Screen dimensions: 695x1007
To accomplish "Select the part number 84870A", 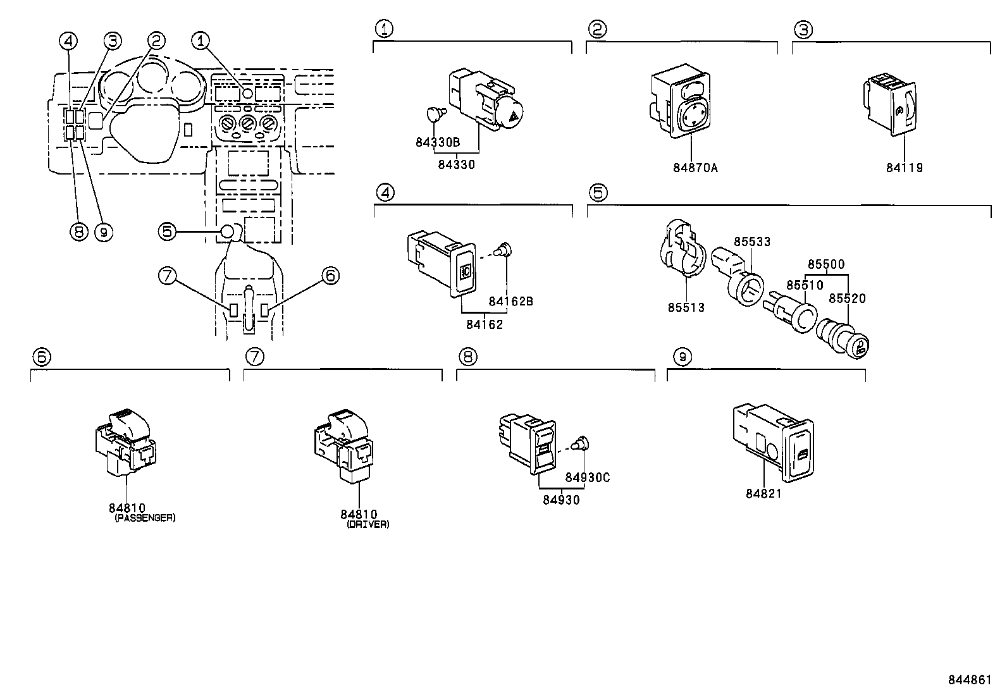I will point(695,168).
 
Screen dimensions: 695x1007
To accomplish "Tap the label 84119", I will point(904,168).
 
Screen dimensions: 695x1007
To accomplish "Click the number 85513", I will point(686,308).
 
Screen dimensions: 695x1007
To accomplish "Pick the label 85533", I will point(752,242).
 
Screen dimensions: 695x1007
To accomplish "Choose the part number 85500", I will point(826,264).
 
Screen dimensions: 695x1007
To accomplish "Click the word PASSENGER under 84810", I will point(145,518).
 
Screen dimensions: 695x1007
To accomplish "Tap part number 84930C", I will point(587,477).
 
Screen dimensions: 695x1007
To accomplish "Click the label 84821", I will point(763,494).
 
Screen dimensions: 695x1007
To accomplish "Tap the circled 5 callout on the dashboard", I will point(167,232).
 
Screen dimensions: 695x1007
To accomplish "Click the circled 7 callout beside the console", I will point(166,276).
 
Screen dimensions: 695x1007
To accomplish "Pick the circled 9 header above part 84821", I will point(682,357).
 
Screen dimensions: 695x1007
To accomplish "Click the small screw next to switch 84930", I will point(578,445).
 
